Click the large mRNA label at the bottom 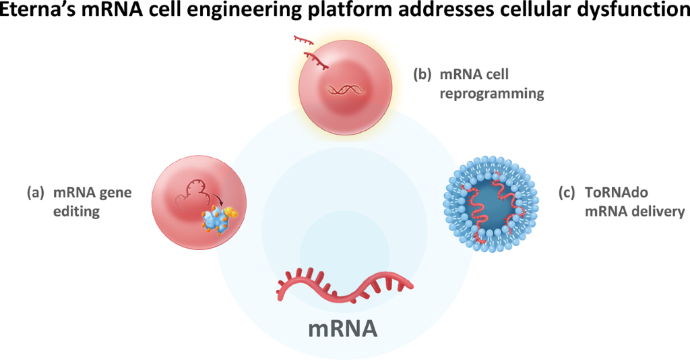click(342, 329)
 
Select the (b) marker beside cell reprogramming click(422, 75)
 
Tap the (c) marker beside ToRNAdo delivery click(567, 193)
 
